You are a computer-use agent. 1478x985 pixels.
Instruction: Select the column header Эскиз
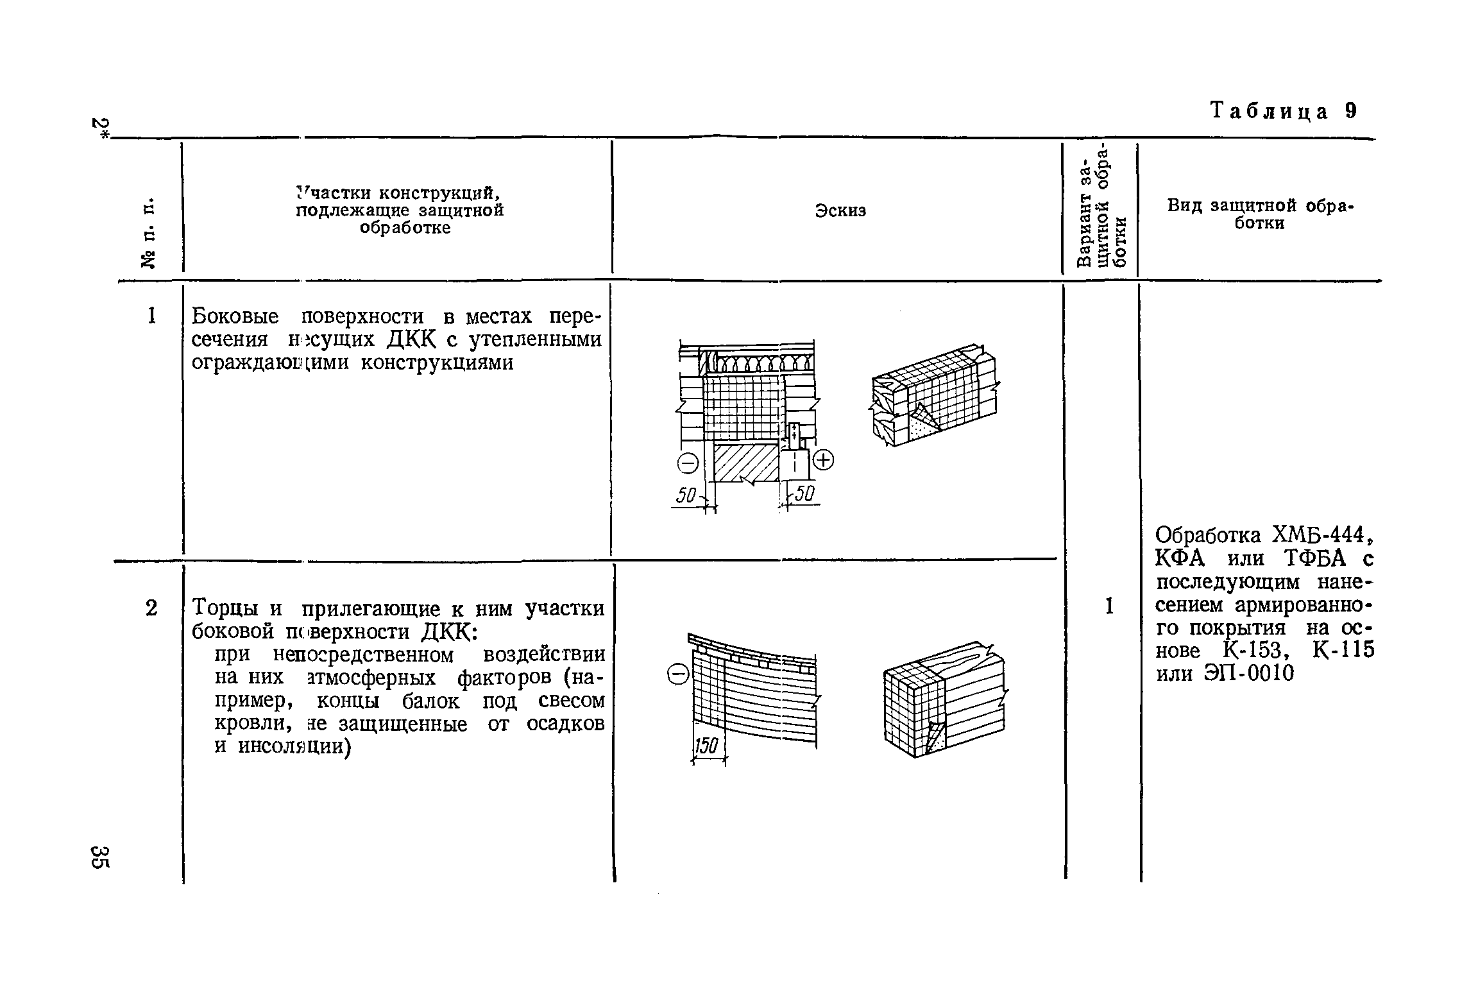point(840,211)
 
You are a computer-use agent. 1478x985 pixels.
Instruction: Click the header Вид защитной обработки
point(1259,214)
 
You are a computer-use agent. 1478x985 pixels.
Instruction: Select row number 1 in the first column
point(151,316)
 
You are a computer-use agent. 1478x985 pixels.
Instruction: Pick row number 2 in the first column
point(151,608)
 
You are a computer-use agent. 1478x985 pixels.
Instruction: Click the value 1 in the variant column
point(1108,606)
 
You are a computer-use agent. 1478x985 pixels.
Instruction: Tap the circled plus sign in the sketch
point(823,460)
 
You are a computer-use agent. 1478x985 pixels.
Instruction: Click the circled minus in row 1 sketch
point(688,463)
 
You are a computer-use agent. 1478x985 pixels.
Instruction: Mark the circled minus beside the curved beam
point(678,674)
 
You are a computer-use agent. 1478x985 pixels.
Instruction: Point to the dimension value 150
point(708,747)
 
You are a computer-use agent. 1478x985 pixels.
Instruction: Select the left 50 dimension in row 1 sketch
point(686,495)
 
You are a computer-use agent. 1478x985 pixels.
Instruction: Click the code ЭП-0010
point(1253,674)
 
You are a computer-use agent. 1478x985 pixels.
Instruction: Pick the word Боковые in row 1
point(235,316)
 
